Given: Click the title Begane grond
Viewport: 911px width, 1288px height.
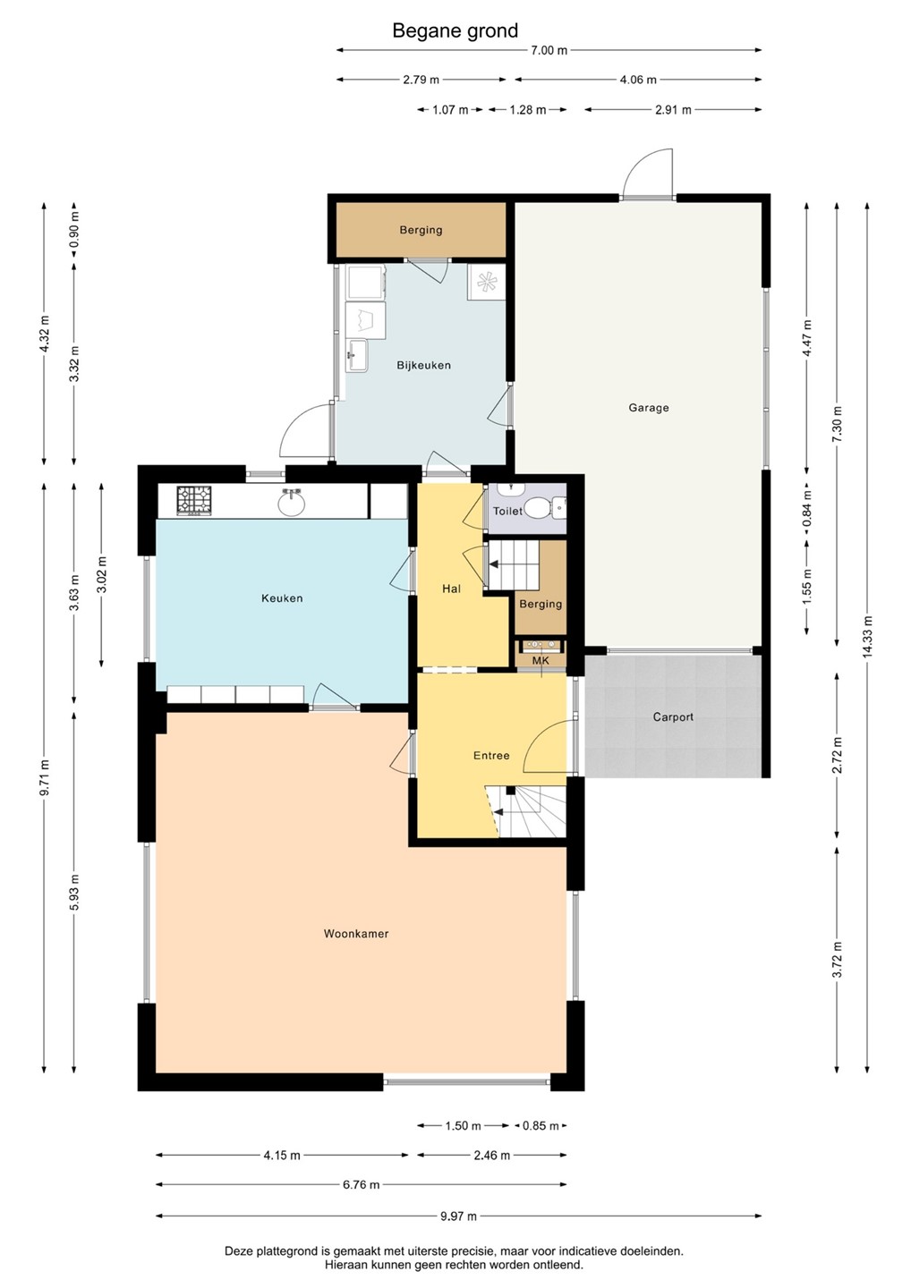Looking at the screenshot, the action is (x=455, y=30).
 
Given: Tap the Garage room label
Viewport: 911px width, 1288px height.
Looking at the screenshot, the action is (x=648, y=408).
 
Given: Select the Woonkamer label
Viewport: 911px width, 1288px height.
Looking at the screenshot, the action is (x=356, y=933).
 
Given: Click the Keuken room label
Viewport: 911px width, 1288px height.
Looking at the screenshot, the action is (x=282, y=598).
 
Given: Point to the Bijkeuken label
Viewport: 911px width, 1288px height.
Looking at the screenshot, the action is (x=423, y=365).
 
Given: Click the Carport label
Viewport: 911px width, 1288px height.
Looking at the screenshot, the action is (x=673, y=717).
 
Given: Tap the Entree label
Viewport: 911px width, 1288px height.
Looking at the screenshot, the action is (x=491, y=756).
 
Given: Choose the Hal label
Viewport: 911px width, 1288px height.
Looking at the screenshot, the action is (x=452, y=589).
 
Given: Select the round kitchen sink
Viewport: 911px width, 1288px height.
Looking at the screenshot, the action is (x=292, y=504).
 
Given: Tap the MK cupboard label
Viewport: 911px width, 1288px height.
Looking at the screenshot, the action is (x=541, y=661).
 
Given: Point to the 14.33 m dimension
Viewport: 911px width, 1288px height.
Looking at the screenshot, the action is (x=867, y=637).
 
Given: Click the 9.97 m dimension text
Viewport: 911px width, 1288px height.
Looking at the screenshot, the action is (x=458, y=1216).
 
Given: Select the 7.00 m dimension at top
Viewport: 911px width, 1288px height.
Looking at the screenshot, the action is (x=549, y=51).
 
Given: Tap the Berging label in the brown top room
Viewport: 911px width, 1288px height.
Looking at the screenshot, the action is (x=421, y=230).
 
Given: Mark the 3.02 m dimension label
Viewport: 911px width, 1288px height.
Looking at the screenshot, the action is (x=101, y=575).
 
